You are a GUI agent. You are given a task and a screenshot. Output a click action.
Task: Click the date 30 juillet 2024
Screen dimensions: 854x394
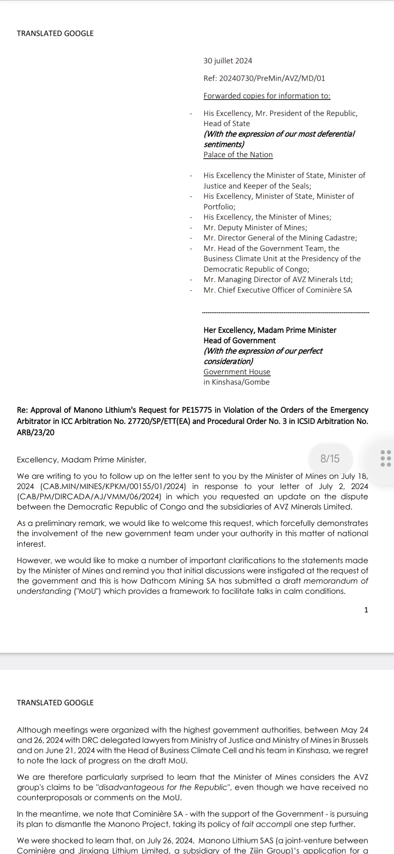pyautogui.click(x=228, y=61)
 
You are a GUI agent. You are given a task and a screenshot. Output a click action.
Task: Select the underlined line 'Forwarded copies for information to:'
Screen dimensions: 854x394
pyautogui.click(x=267, y=96)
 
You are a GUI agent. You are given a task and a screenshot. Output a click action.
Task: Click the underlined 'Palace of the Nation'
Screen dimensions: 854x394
pyautogui.click(x=238, y=155)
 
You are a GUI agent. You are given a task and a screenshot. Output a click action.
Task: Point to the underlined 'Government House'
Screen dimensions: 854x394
pyautogui.click(x=237, y=372)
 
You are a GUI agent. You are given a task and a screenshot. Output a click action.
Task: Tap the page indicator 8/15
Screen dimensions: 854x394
pyautogui.click(x=330, y=459)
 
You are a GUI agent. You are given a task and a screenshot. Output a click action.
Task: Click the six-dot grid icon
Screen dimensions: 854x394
pyautogui.click(x=385, y=458)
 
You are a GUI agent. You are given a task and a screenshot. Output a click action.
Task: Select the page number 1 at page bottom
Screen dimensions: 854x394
pyautogui.click(x=366, y=610)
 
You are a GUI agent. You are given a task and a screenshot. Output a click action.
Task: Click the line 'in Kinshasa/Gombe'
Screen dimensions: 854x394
pyautogui.click(x=236, y=382)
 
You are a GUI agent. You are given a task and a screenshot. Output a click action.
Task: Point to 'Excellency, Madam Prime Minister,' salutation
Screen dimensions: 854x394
pyautogui.click(x=81, y=460)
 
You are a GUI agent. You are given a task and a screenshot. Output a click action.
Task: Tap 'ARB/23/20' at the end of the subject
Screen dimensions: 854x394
pyautogui.click(x=35, y=433)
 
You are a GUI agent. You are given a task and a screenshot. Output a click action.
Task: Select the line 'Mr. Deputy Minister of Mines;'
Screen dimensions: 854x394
pyautogui.click(x=255, y=228)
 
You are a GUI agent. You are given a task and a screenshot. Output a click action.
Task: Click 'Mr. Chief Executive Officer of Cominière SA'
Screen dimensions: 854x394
pyautogui.click(x=278, y=290)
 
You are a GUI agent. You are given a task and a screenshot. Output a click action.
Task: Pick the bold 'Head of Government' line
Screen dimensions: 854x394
pyautogui.click(x=240, y=341)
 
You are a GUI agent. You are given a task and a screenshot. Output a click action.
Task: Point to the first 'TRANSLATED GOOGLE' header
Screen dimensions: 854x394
pyautogui.click(x=55, y=34)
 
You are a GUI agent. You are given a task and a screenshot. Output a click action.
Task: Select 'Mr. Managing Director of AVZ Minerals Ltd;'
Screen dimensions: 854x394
pyautogui.click(x=278, y=280)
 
